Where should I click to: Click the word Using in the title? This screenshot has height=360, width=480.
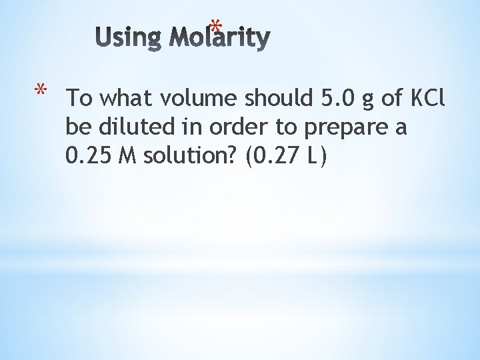[x=129, y=37]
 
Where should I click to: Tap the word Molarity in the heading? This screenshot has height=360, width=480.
[x=219, y=38]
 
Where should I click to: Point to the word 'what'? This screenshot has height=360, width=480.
[x=126, y=99]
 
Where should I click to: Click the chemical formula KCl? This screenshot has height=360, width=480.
[x=426, y=99]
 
